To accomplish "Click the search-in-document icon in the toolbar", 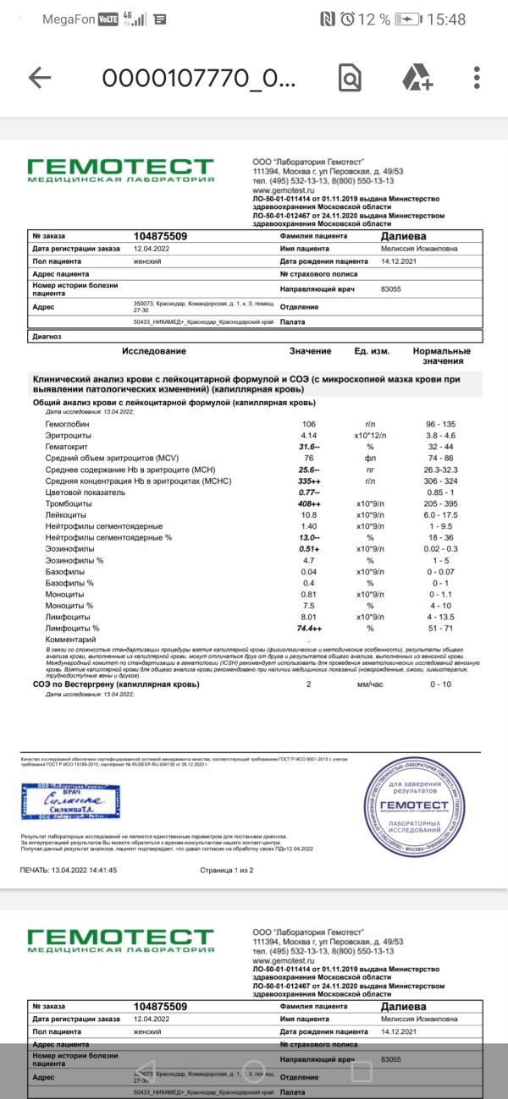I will point(349,78).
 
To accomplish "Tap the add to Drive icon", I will point(417,78).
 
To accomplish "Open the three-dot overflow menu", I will point(478,78).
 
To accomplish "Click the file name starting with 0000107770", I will point(199,78).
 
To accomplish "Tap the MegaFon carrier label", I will point(69,19).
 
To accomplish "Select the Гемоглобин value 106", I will point(308,424).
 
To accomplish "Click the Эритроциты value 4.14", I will point(308,435).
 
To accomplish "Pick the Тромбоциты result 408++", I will point(310,503).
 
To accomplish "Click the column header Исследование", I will point(153,351).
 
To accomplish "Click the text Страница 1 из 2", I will point(226,870).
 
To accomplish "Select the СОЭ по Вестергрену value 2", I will point(308,684).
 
